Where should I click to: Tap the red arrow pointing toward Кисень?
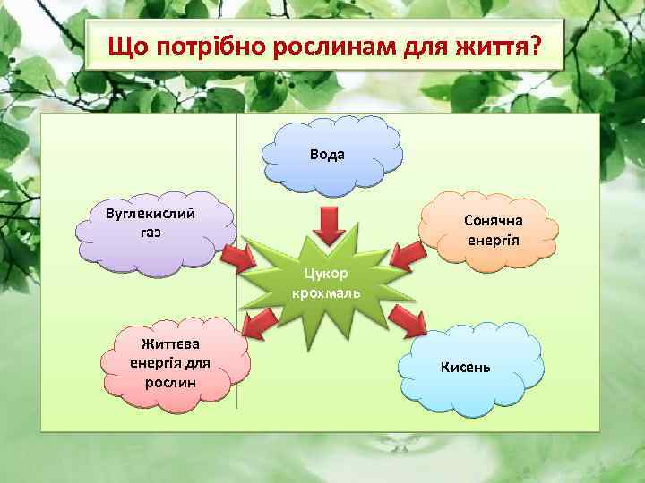click(408, 318)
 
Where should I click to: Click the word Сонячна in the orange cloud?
click(494, 221)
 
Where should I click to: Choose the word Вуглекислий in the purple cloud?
click(150, 215)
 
